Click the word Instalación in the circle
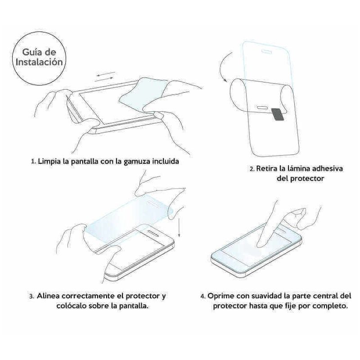[38, 62]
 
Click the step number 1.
[32, 161]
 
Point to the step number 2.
[252, 169]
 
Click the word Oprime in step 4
[221, 296]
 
